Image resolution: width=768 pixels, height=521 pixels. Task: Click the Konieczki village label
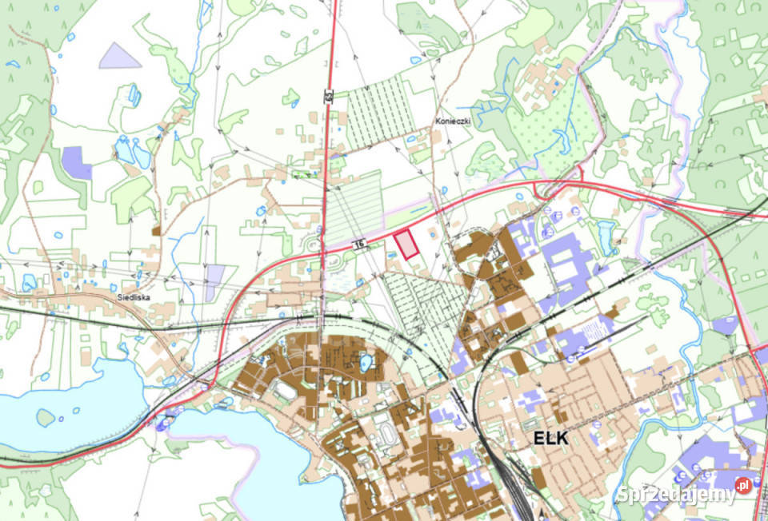(452, 121)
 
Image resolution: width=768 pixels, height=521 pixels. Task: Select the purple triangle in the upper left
(119, 56)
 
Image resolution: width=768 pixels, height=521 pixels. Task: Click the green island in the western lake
(46, 417)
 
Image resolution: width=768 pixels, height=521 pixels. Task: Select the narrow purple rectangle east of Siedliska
(214, 282)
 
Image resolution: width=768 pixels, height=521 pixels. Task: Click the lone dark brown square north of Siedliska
(156, 230)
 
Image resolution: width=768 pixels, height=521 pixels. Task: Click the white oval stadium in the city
(284, 391)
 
